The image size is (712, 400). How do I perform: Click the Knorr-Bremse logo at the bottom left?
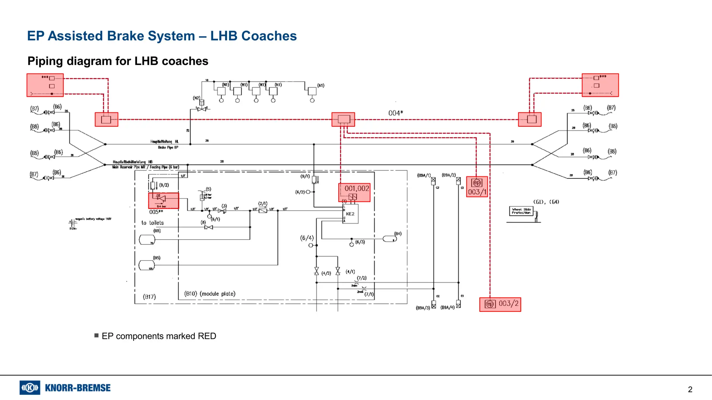pyautogui.click(x=65, y=387)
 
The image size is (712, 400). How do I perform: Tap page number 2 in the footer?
pyautogui.click(x=690, y=390)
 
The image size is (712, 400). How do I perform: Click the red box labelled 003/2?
pyautogui.click(x=500, y=304)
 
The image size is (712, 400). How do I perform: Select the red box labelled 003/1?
pyautogui.click(x=477, y=187)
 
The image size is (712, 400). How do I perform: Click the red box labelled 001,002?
pyautogui.click(x=354, y=192)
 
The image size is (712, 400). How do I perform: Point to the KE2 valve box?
pyautogui.click(x=350, y=214)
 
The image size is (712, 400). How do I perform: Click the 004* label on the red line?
pyautogui.click(x=396, y=113)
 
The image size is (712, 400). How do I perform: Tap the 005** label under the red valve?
pyautogui.click(x=156, y=212)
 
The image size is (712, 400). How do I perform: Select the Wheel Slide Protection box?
pyautogui.click(x=521, y=211)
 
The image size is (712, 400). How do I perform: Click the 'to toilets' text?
pyautogui.click(x=152, y=223)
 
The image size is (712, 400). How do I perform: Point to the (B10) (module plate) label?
pyautogui.click(x=210, y=294)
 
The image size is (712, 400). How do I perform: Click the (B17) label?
pyautogui.click(x=149, y=297)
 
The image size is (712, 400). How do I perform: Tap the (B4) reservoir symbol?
pyautogui.click(x=389, y=239)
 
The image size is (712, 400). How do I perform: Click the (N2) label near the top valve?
pyautogui.click(x=196, y=98)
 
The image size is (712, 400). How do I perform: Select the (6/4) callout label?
pyautogui.click(x=307, y=238)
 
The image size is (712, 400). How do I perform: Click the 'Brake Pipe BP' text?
pyautogui.click(x=168, y=148)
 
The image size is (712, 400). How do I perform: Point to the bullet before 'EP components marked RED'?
pyautogui.click(x=96, y=335)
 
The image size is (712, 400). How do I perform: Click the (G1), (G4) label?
pyautogui.click(x=546, y=202)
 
